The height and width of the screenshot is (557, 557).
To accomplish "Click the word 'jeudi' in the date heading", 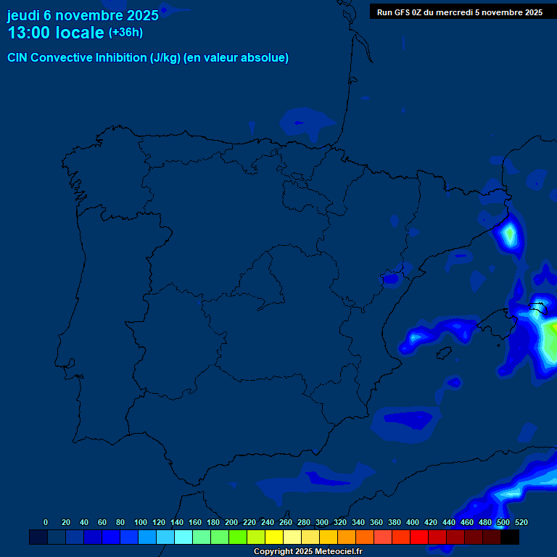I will point(23,15).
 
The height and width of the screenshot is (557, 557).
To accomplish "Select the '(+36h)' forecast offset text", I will point(125,33).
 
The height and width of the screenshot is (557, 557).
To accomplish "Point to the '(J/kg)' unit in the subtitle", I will point(165,58).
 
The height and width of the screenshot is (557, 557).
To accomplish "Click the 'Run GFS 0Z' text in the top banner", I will point(399,12).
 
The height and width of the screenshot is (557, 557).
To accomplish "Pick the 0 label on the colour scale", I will point(46,522).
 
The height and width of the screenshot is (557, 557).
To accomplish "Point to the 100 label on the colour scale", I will point(141,522).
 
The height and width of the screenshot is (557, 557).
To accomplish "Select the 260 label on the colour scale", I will point(286,522).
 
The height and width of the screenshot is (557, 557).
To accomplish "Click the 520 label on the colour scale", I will point(521,522).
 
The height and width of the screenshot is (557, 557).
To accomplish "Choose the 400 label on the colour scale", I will point(413,522).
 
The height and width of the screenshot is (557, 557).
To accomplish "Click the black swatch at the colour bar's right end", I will point(510,537).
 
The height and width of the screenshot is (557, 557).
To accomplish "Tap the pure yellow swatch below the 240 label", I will point(274,537).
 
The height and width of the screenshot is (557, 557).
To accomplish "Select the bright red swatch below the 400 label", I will point(419,537).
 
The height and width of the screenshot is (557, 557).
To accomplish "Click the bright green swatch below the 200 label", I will point(238,537).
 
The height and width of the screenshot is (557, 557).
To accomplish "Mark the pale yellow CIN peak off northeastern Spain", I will point(510,234).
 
